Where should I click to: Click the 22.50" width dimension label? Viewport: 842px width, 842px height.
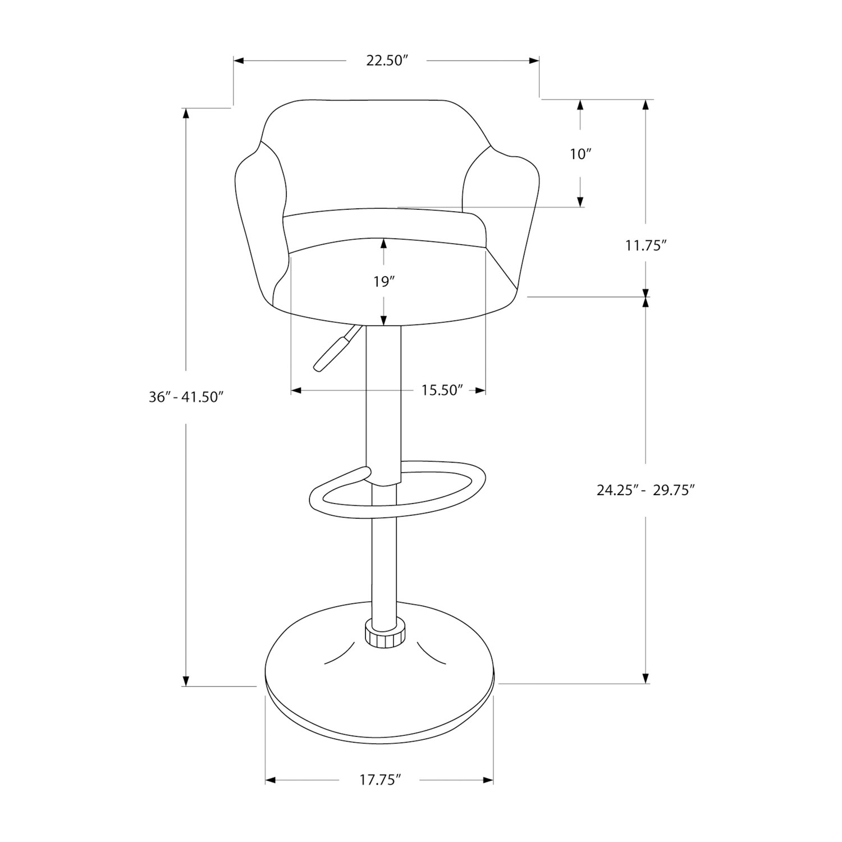(386, 61)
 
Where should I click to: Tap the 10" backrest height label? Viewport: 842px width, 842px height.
(581, 154)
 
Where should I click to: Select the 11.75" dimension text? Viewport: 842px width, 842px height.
(646, 245)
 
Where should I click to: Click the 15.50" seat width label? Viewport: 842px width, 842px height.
(442, 390)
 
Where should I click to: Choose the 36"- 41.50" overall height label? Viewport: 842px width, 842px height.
(186, 397)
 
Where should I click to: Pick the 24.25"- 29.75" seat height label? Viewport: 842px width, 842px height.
(646, 490)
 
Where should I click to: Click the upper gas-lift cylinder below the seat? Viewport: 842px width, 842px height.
(383, 404)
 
